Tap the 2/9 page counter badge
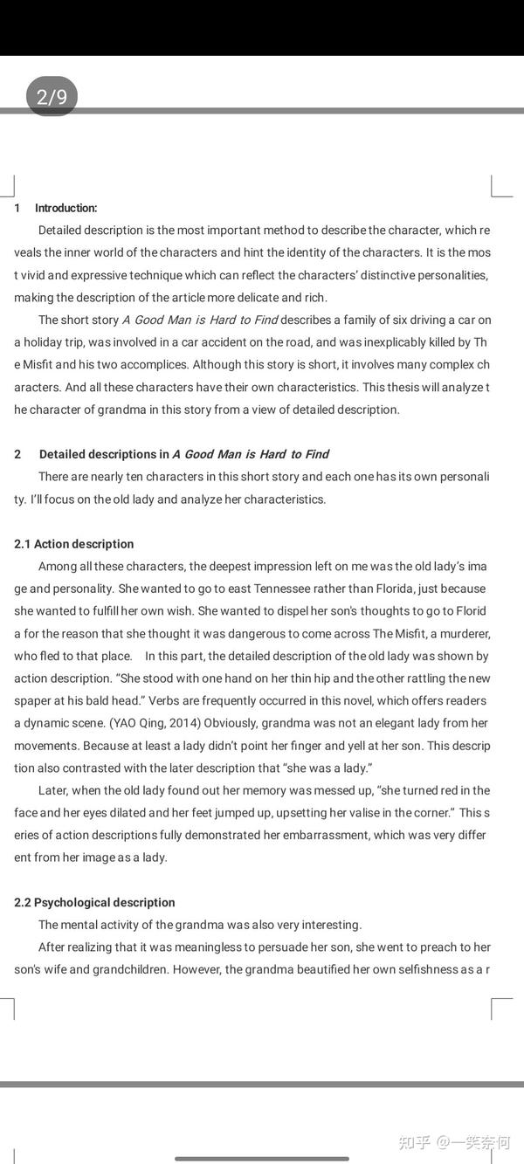click(x=52, y=96)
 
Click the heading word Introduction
click(x=65, y=208)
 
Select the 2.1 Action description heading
click(x=74, y=544)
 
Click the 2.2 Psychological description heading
click(x=94, y=902)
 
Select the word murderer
click(x=462, y=633)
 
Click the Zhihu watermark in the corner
click(x=454, y=1141)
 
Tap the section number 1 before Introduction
click(x=17, y=208)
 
